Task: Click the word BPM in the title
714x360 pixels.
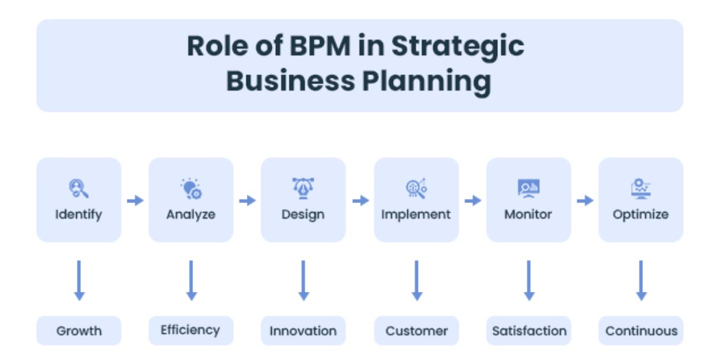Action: click(320, 46)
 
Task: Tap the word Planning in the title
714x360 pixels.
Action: click(426, 82)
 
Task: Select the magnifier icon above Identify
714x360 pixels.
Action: click(79, 188)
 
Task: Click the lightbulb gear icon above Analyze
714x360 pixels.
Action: click(191, 189)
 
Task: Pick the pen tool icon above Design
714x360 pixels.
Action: click(303, 188)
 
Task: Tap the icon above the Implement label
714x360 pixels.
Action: click(416, 188)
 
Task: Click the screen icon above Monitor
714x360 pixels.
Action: click(529, 188)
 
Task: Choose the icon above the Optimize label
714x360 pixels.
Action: click(641, 188)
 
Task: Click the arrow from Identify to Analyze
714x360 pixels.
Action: click(135, 201)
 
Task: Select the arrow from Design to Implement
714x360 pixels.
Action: click(361, 201)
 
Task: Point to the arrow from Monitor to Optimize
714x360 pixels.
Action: click(585, 201)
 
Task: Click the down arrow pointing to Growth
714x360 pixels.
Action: click(79, 281)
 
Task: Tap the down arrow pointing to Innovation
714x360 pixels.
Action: click(304, 281)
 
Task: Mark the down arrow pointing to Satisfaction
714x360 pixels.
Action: click(529, 281)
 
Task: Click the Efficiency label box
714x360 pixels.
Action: click(191, 330)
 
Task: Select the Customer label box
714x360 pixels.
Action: click(416, 330)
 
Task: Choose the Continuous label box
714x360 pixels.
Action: click(641, 330)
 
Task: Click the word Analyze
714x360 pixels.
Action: click(191, 214)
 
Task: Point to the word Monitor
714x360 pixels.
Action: click(528, 214)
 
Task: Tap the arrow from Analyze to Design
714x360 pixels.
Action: click(247, 201)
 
